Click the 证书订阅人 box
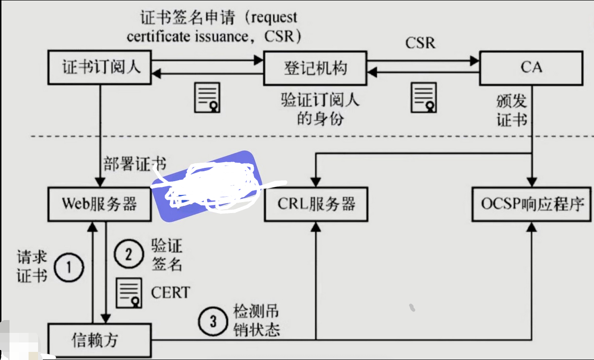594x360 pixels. tap(99, 68)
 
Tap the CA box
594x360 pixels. tap(531, 68)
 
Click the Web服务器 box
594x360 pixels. tap(99, 204)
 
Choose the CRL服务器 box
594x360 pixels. tap(316, 204)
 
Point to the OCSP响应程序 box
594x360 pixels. tap(532, 204)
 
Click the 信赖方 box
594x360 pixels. tap(99, 341)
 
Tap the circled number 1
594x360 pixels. tap(69, 268)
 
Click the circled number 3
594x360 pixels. tap(213, 321)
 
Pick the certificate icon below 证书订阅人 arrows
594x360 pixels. tap(207, 97)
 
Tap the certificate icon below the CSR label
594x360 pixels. tap(424, 97)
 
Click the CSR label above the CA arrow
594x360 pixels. tap(420, 43)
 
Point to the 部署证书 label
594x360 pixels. tap(135, 165)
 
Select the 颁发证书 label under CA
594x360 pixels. tap(512, 110)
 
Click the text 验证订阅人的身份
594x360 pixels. tap(320, 109)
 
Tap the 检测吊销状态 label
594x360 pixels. tap(256, 321)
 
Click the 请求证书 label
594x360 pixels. tap(31, 266)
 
